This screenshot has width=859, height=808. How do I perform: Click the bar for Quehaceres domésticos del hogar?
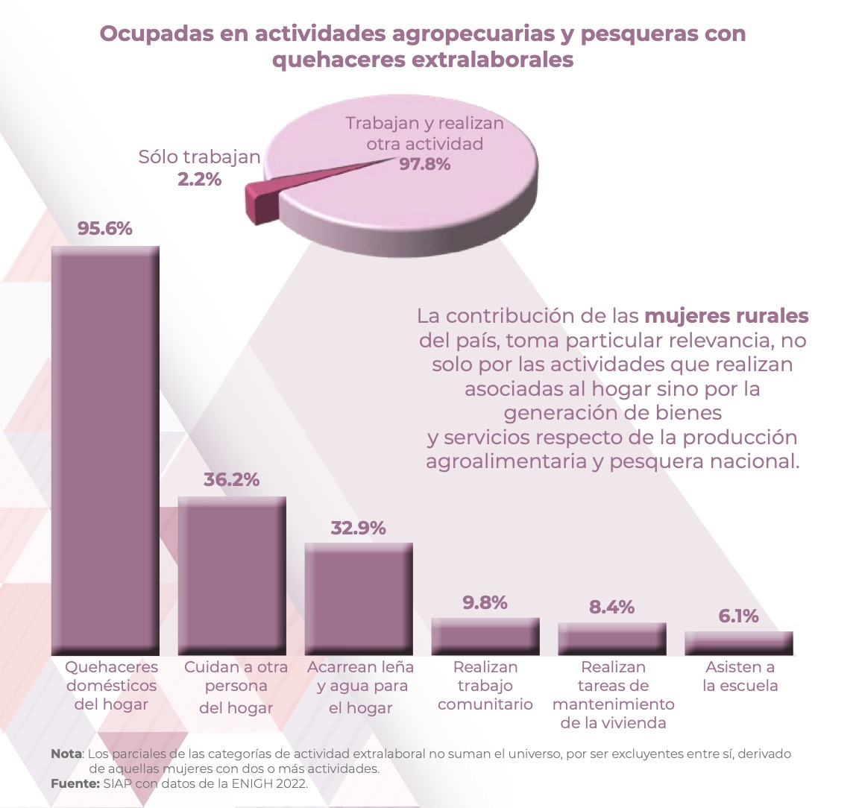tap(105, 450)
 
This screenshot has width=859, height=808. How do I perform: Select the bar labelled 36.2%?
tap(232, 575)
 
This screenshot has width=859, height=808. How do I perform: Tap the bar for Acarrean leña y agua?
tap(359, 599)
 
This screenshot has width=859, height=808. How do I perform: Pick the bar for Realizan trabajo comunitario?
tap(485, 637)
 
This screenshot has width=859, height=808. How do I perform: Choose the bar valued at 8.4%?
tap(612, 639)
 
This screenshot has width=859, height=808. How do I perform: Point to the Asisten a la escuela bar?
tap(739, 643)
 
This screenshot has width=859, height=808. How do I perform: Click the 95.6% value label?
tap(105, 229)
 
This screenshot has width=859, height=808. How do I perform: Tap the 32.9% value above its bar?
tap(359, 528)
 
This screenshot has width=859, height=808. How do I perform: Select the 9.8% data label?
tap(485, 602)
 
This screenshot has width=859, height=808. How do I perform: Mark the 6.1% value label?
tap(739, 616)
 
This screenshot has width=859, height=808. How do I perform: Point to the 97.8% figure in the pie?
tap(425, 164)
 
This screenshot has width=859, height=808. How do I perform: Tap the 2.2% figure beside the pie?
tap(199, 179)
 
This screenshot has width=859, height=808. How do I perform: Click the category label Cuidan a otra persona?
tap(236, 687)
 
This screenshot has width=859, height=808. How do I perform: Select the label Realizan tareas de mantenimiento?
tap(614, 695)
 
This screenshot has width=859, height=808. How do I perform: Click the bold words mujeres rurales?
tap(726, 316)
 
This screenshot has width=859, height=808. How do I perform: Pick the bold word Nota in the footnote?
tap(66, 754)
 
